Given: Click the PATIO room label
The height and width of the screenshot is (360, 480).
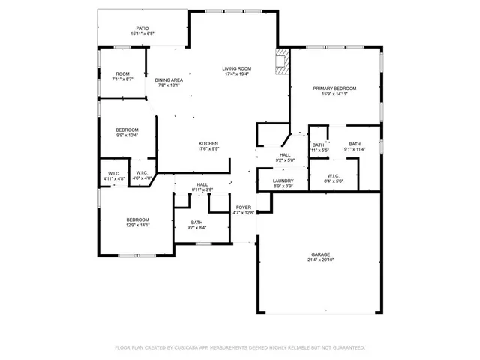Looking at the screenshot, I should coord(142,28).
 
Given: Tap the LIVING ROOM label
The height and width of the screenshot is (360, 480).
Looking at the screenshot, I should coord(235,67).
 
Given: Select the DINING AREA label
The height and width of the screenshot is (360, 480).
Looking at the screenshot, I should coord(169,79).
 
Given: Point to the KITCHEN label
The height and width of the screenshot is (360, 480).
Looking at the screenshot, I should coord(208,143).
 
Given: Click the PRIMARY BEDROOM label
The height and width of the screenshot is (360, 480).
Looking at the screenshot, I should coord(334,88).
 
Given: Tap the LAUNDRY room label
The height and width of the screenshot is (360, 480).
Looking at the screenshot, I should coord(283,181).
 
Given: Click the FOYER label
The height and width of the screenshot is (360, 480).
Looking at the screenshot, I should coord(244,207).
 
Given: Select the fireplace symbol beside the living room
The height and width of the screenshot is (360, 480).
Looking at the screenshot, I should coord(282,62).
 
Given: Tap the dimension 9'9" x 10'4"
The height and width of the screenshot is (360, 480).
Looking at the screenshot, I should coord(127,136).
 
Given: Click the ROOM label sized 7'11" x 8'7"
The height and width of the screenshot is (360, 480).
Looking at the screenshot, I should coord(122,73).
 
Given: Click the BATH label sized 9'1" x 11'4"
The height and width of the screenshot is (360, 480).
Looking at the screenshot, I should coord(355,144).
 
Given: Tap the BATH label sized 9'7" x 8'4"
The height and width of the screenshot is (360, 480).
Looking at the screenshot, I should coord(196,222).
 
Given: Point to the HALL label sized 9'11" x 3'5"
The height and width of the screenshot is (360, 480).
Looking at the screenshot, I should coord(202,184).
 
